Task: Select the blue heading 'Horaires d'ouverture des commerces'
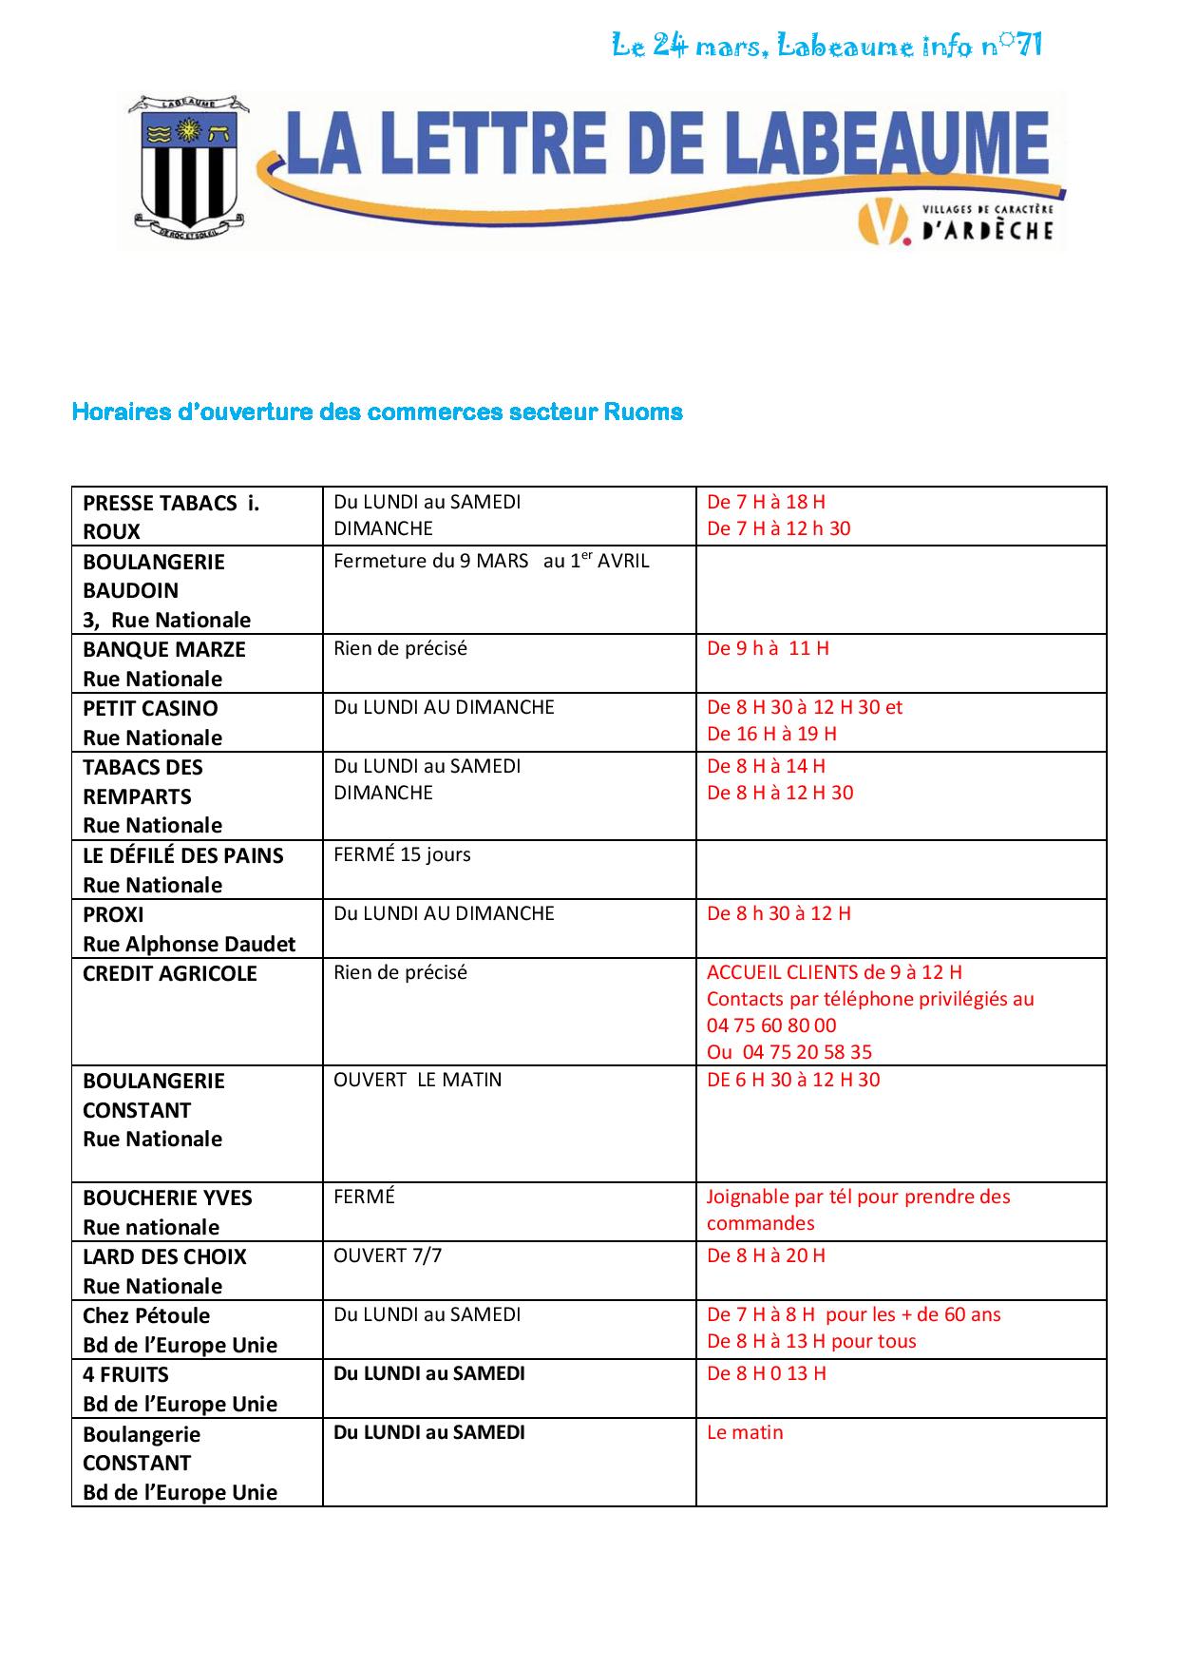pos(377,412)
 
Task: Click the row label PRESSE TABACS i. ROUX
pos(171,516)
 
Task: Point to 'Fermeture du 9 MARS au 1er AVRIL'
pos(491,561)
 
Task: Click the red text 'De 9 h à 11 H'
pos(768,648)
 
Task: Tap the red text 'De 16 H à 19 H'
pos(771,734)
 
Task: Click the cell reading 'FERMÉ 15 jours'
pos(402,854)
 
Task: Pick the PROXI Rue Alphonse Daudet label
pos(188,929)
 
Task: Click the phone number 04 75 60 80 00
pos(771,1025)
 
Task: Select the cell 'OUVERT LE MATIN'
pos(417,1080)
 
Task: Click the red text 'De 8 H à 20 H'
pos(766,1255)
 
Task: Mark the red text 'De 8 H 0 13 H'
pos(766,1373)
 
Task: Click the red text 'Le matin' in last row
pos(745,1432)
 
